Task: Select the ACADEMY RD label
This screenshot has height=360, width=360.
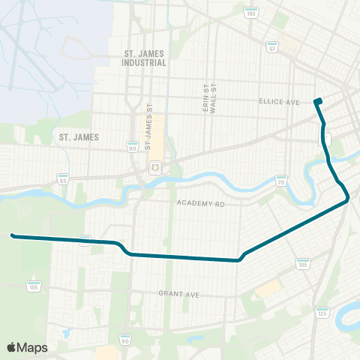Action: click(x=200, y=203)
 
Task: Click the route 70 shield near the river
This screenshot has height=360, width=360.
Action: click(x=280, y=181)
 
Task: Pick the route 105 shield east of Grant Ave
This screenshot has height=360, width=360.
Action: click(x=303, y=264)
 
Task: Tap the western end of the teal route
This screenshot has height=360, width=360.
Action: click(x=13, y=235)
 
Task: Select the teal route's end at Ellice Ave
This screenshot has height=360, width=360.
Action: click(x=318, y=101)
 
